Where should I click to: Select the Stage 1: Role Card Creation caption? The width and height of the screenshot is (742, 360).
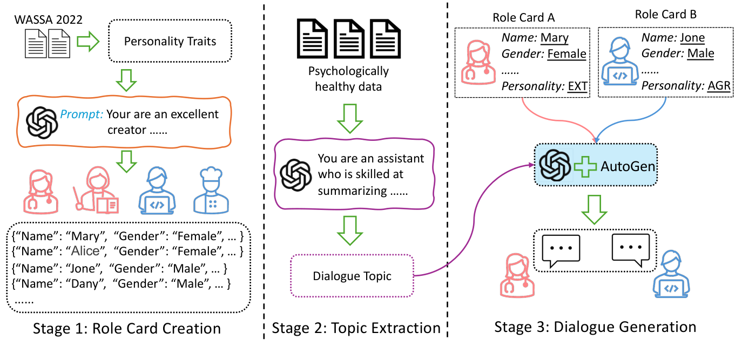click(127, 329)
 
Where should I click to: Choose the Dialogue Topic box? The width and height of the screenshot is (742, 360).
click(352, 276)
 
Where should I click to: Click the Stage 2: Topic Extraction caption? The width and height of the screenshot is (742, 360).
click(356, 329)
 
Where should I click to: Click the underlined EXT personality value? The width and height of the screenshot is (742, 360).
click(576, 86)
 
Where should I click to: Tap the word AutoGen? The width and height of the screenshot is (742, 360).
click(628, 166)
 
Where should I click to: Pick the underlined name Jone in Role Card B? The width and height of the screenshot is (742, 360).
click(692, 38)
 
